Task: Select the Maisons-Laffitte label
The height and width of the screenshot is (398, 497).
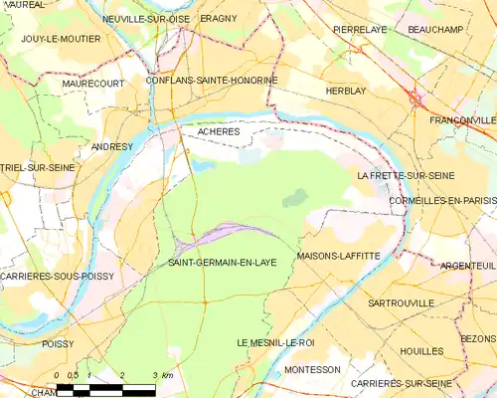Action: (x=338, y=256)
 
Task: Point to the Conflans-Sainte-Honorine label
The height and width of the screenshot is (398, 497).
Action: (x=211, y=80)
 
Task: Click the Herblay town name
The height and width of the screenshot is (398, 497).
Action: (x=346, y=91)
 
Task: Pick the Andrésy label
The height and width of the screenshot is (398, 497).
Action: (x=111, y=146)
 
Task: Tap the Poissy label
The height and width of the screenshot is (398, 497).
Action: (x=59, y=343)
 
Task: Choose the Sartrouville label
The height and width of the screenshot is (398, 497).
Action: (x=401, y=301)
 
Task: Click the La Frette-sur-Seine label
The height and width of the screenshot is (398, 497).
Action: (x=406, y=175)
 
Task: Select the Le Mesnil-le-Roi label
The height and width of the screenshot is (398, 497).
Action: (x=275, y=342)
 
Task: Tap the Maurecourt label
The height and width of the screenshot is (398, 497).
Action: (x=92, y=84)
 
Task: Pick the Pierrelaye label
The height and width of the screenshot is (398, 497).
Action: (x=359, y=30)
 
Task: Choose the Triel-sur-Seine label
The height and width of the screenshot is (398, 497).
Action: (x=38, y=168)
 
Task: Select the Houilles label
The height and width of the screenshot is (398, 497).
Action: (x=421, y=351)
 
